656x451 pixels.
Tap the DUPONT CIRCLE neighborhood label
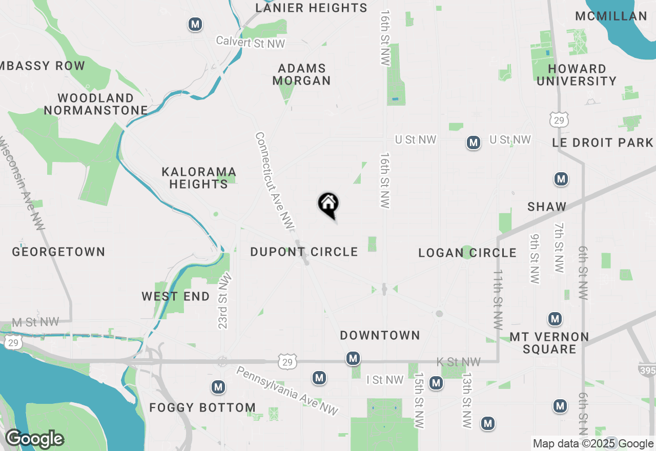click(x=304, y=252)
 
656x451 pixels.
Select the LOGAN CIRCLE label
click(x=467, y=253)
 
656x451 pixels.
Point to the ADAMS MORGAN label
click(x=301, y=74)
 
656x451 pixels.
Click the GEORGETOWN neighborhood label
click(x=58, y=252)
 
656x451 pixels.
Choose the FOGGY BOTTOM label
click(x=202, y=408)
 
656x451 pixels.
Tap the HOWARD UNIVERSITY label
click(x=577, y=75)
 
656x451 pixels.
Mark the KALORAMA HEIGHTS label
click(x=199, y=178)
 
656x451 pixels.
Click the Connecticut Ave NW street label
click(x=274, y=181)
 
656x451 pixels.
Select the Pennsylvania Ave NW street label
click(x=288, y=391)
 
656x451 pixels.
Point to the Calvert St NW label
click(x=250, y=42)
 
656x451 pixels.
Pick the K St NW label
click(x=458, y=362)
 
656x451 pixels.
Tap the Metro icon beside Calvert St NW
click(x=195, y=24)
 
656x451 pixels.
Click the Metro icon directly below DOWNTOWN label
click(x=353, y=359)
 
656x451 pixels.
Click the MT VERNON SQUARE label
click(x=549, y=343)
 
